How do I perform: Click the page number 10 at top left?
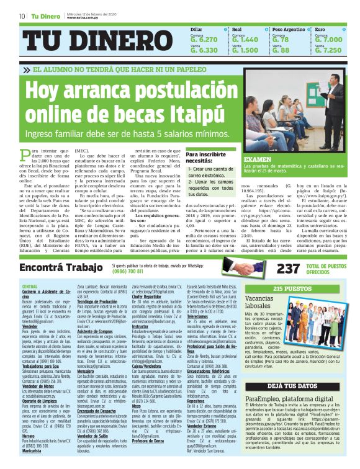point(22,16)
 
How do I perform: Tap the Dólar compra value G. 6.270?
point(204,39)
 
